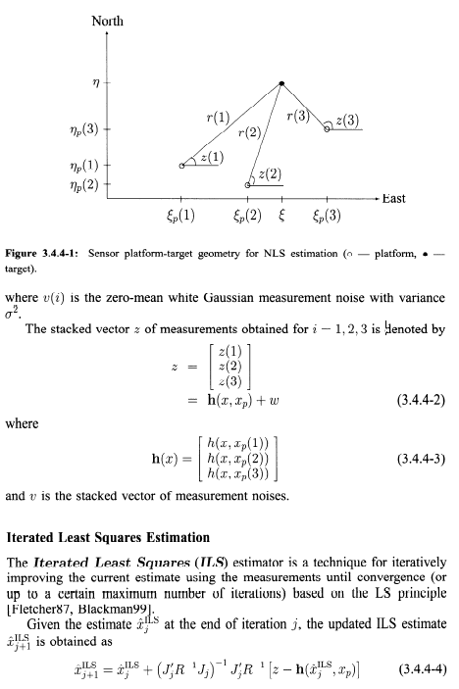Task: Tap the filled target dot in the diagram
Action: [x=281, y=83]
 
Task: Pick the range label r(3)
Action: [x=299, y=116]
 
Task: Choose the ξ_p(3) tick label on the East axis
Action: [x=327, y=216]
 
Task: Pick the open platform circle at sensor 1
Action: [x=181, y=167]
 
